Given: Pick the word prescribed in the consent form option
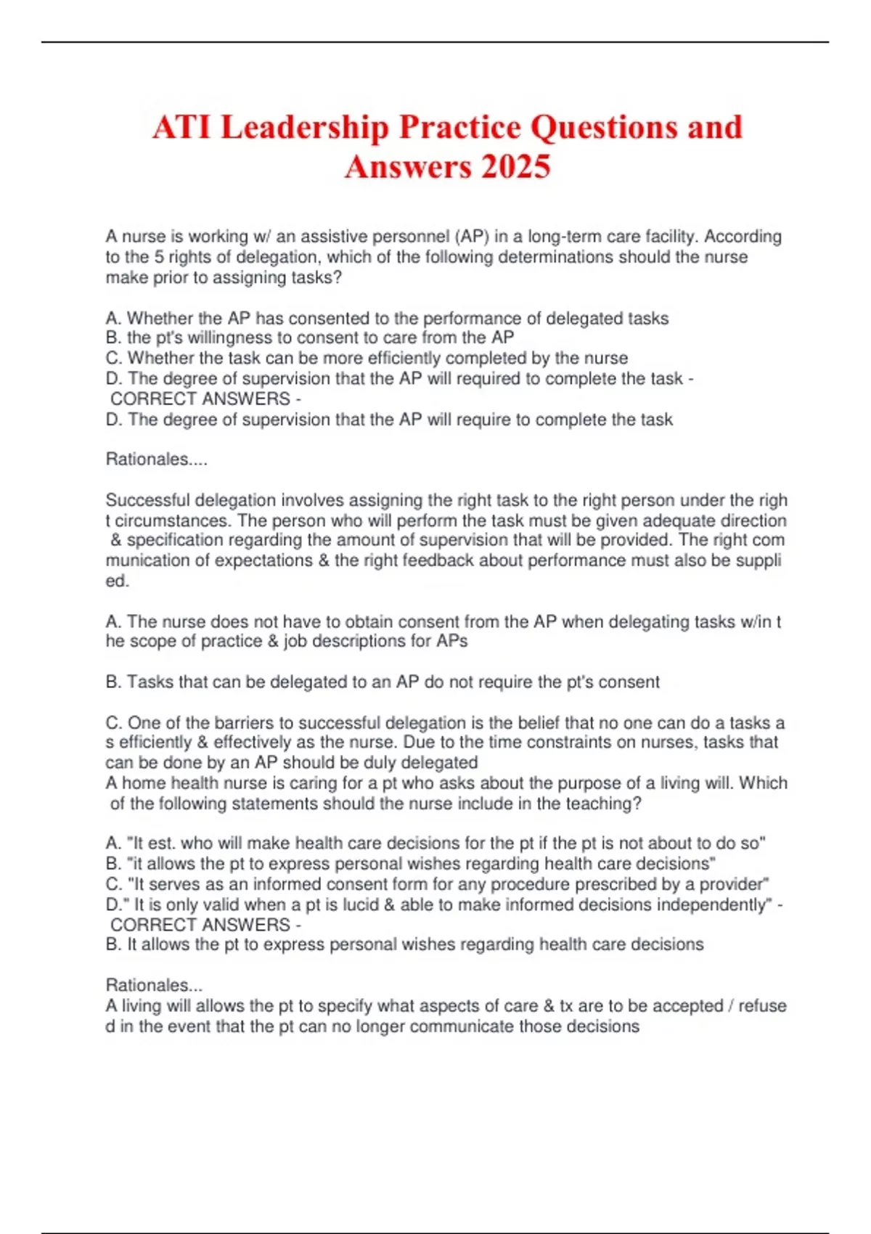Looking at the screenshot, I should point(637,884).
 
